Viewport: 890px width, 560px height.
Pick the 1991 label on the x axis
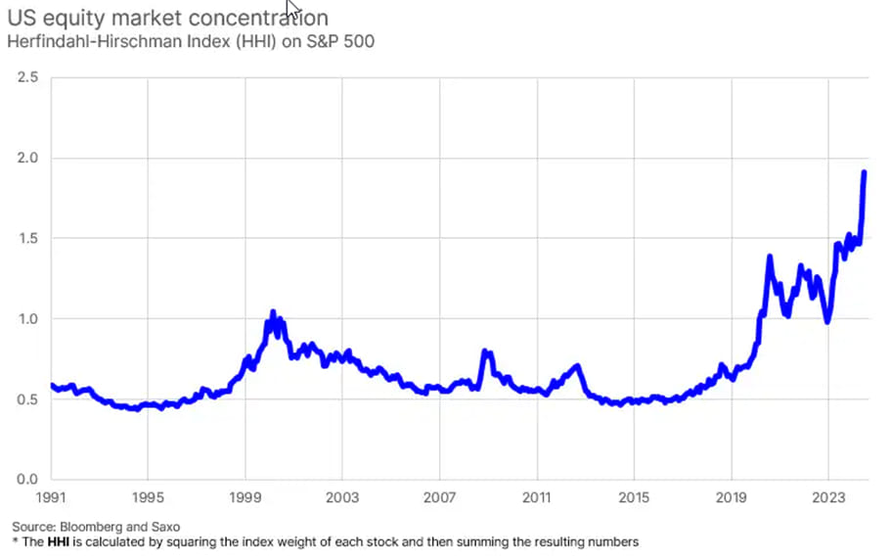click(x=51, y=497)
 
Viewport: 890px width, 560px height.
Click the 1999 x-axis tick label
click(x=245, y=497)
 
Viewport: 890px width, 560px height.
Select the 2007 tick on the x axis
click(x=440, y=497)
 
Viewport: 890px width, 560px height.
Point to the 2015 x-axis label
click(x=635, y=497)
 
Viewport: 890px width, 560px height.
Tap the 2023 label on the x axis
click(x=828, y=497)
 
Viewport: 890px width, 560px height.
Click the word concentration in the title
click(x=255, y=19)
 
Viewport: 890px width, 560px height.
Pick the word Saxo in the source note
click(x=163, y=527)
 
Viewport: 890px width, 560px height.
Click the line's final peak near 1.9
click(x=865, y=172)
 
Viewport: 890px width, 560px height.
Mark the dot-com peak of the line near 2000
click(x=273, y=313)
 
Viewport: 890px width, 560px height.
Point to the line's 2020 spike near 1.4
click(x=770, y=257)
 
